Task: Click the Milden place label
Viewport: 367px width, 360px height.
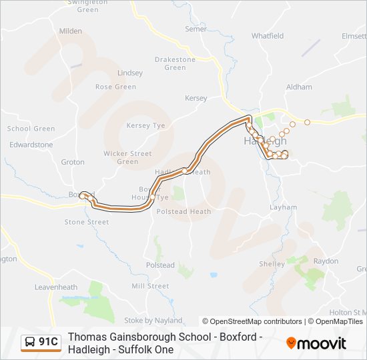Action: point(71,31)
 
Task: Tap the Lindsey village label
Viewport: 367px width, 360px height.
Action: point(130,73)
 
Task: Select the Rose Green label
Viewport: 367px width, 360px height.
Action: point(115,87)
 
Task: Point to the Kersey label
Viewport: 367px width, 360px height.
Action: point(196,98)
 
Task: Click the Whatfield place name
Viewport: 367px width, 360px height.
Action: point(268,36)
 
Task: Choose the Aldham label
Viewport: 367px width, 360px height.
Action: point(299,87)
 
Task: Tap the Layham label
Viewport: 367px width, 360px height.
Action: point(283,207)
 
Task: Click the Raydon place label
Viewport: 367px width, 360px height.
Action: point(326,261)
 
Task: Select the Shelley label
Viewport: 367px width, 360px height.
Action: point(272,264)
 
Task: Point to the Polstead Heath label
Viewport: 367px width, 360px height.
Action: point(183,212)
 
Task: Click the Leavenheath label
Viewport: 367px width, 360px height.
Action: point(57,287)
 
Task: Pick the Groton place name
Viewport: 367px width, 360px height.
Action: point(73,162)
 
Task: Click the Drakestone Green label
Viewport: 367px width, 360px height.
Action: point(175,63)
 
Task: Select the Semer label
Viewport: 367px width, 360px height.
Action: point(196,29)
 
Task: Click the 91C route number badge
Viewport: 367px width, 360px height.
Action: point(41,342)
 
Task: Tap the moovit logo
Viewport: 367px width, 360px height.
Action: point(316,343)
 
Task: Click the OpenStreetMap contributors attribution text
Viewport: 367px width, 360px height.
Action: point(252,321)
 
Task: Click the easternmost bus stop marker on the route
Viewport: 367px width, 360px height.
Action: point(308,122)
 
